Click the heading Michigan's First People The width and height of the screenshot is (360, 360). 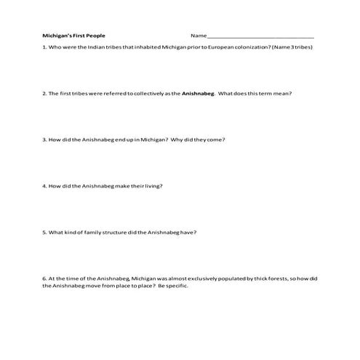(73, 35)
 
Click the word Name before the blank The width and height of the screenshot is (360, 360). (199, 35)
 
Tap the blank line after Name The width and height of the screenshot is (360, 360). (261, 36)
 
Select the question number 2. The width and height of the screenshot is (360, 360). (44, 93)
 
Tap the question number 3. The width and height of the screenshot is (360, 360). (44, 139)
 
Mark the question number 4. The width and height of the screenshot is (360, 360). (44, 185)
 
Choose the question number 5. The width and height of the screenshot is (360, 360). (44, 232)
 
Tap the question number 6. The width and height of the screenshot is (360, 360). (44, 278)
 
